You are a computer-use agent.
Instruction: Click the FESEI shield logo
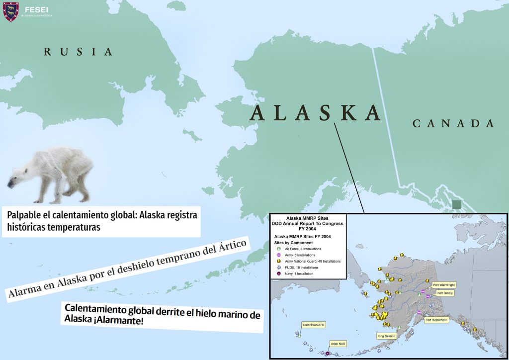11,11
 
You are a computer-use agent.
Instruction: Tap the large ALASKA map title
316,113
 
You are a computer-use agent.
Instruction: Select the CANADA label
453,124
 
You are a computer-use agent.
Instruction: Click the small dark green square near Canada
456,204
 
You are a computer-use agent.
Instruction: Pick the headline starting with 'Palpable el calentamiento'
102,221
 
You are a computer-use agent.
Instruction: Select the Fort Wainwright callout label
444,285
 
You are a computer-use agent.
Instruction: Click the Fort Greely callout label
444,293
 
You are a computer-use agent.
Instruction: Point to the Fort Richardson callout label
437,320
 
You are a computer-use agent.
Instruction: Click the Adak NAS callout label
338,343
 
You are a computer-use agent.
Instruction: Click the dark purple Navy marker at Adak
328,353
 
